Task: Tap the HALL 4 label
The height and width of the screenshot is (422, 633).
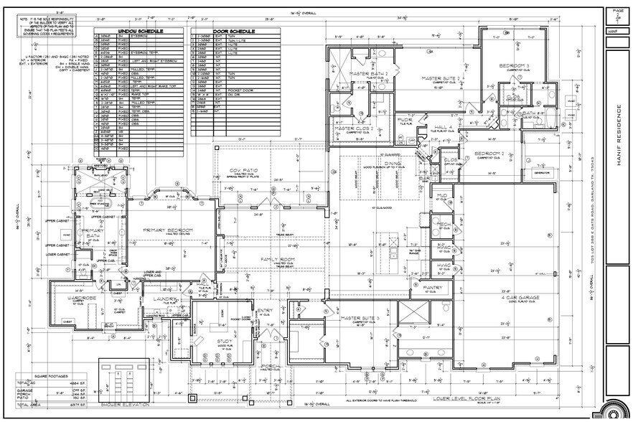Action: [443, 126]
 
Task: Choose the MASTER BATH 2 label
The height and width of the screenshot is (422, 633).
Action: [368, 73]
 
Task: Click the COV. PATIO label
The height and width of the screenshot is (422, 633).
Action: [244, 170]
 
